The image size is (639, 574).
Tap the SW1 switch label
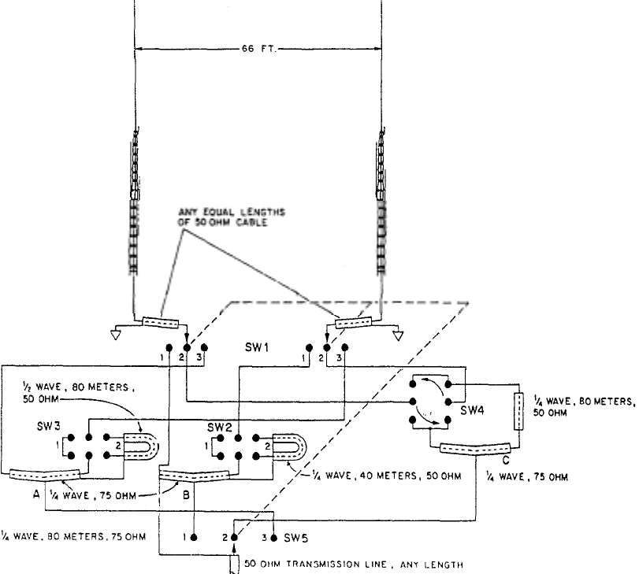255,346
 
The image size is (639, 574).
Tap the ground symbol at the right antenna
400,335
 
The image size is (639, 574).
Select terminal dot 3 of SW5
273,537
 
